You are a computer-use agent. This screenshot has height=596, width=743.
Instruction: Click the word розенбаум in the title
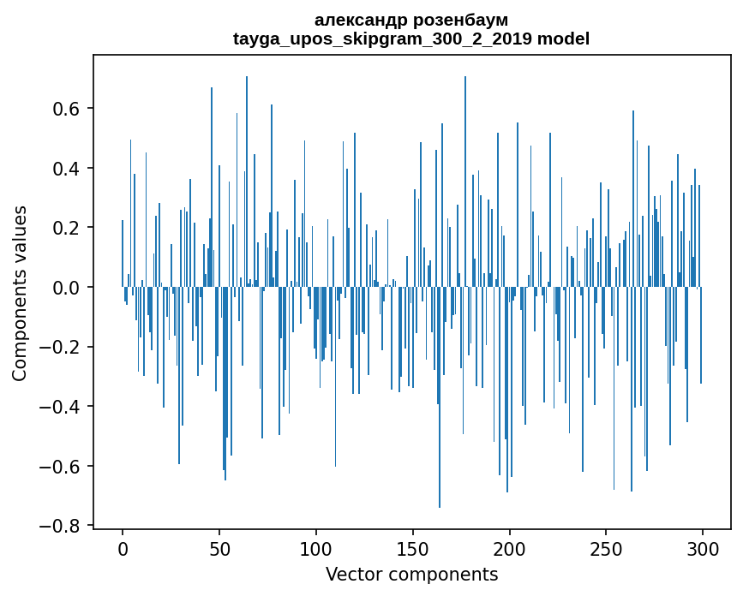click(x=460, y=20)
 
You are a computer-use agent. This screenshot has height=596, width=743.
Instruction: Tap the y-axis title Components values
click(x=19, y=293)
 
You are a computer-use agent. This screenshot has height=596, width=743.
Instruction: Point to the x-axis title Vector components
click(x=411, y=574)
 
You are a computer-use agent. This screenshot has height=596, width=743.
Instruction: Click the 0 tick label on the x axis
click(x=123, y=549)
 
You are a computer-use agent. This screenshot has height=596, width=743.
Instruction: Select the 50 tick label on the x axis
click(x=219, y=549)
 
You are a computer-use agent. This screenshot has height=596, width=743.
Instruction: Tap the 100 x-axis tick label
click(x=316, y=549)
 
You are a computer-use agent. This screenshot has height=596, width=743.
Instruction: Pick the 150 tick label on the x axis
click(x=413, y=549)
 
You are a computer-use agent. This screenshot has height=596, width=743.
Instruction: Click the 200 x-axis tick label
click(x=510, y=549)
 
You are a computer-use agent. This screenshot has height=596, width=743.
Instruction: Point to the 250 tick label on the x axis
click(x=606, y=549)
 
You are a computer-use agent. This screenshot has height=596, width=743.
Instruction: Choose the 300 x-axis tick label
click(x=703, y=549)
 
